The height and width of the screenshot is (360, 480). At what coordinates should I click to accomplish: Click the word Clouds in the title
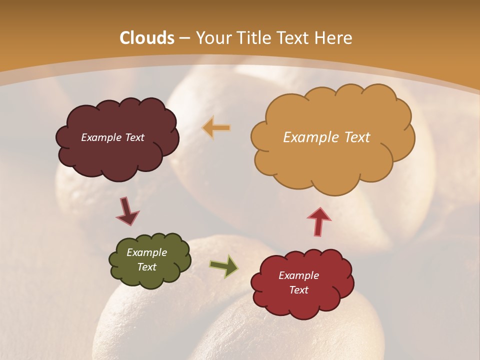[147, 38]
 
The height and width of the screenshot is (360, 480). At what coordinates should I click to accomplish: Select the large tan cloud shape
[330, 160]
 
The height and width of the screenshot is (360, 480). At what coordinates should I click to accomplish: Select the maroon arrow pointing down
[127, 211]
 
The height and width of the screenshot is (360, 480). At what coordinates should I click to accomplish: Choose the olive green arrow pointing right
[223, 266]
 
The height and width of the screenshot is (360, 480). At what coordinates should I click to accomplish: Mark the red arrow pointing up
[319, 221]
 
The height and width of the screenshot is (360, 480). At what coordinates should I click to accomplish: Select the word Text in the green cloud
[147, 267]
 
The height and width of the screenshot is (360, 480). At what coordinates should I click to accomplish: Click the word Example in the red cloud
[298, 275]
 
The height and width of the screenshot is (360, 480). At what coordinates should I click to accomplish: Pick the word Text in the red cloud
[298, 290]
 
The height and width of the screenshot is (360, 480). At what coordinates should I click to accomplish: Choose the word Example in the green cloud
[147, 252]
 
